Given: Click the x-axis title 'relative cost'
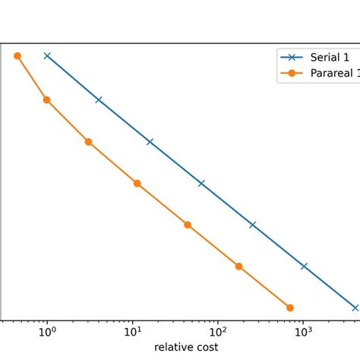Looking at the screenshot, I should [186, 347].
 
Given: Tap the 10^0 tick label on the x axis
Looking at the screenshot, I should [47, 331].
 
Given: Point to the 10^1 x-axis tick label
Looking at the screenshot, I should [133, 331].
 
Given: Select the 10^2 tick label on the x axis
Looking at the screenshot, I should [218, 331].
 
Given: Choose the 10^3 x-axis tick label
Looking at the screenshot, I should [303, 331].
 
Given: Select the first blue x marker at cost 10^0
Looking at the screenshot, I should [47, 55].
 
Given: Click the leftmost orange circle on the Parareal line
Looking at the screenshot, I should [17, 55].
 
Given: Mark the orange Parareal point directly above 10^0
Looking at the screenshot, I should [46, 99].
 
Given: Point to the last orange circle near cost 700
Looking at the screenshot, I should [290, 308].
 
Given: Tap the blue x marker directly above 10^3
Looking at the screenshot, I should [304, 267].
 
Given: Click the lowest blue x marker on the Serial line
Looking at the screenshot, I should [355, 308].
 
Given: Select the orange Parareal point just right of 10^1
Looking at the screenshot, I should [137, 183].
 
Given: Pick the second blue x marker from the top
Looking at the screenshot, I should [98, 99].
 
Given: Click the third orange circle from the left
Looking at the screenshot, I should [88, 142].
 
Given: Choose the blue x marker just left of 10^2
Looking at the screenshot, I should [201, 183].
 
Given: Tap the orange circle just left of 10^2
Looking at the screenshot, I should [188, 225].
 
